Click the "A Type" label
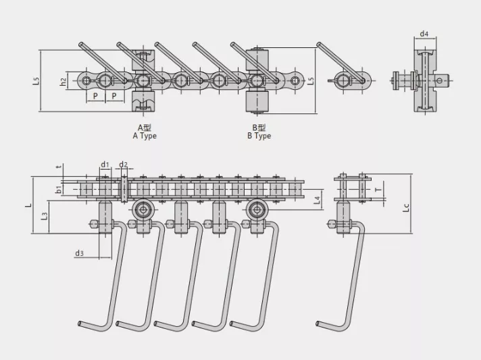point(145,136)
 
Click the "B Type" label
point(259,136)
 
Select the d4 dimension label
point(424,34)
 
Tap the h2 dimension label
point(64,82)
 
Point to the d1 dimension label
point(105,165)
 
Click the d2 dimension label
point(124,165)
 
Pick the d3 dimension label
point(79,253)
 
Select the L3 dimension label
point(45,216)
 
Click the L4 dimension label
point(318,200)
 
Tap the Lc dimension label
point(406,207)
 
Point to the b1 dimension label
point(58,190)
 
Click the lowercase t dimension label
point(59,167)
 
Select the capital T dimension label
point(378,190)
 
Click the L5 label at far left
point(36,80)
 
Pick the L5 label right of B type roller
point(311,80)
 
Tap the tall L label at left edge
point(28,205)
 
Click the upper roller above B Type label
point(257,60)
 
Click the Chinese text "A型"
point(145,128)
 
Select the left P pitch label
point(95,96)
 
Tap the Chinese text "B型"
point(259,128)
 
